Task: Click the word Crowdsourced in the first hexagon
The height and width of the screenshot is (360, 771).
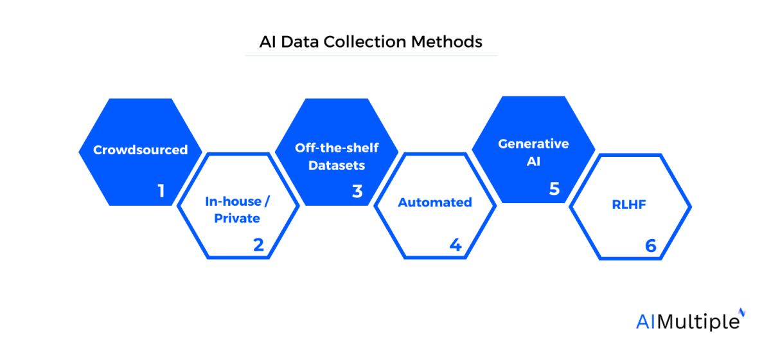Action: pos(140,150)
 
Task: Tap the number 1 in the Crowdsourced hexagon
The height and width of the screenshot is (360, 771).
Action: pos(161,191)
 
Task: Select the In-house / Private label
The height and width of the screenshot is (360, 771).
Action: pos(237,210)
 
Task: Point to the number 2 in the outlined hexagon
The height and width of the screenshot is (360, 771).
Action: pos(259,245)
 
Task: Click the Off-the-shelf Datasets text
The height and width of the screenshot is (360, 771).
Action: pos(337,156)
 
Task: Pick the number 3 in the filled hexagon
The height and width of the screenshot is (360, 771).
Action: pos(357,191)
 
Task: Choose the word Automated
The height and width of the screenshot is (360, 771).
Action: pos(435,203)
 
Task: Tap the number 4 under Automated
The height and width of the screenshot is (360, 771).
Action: pos(456,245)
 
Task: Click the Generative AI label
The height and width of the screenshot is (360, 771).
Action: pos(533,152)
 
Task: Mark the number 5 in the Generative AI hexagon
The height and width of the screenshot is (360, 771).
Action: pos(554,188)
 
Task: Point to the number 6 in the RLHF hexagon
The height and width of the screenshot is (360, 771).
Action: pos(651,246)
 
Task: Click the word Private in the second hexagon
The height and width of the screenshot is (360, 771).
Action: pos(237,219)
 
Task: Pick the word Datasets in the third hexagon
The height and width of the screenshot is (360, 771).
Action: pos(337,165)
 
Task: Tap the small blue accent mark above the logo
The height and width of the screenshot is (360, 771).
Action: pos(742,312)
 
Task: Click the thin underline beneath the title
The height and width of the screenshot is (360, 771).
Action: pos(371,56)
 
